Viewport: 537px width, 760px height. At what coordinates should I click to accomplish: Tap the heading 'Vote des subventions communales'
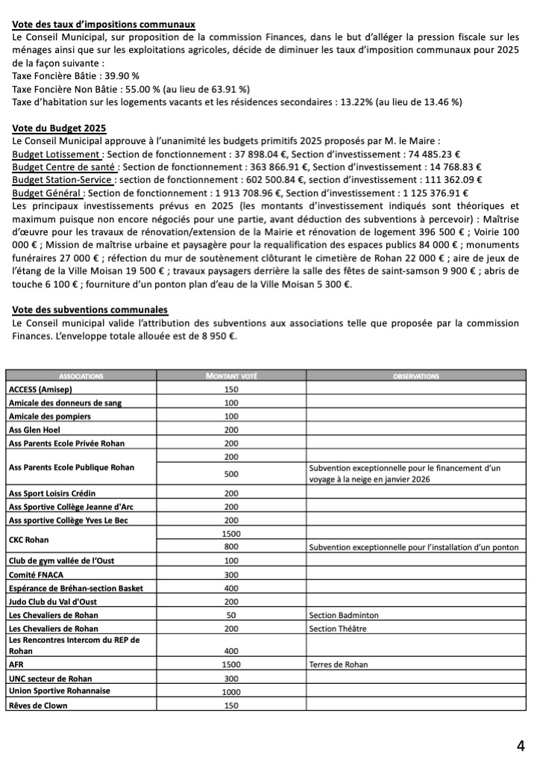[90, 310]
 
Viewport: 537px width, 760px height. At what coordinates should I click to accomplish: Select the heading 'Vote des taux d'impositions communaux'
[104, 24]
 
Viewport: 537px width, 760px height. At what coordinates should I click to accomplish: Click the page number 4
[520, 745]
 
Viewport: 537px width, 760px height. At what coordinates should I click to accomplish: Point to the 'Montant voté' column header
[230, 376]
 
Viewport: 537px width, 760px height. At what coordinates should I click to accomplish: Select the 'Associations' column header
[82, 376]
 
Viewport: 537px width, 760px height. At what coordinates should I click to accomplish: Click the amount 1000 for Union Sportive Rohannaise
[230, 691]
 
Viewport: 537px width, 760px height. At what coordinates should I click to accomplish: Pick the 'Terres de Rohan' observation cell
[338, 664]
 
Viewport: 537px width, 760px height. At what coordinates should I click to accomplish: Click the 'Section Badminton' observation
[343, 615]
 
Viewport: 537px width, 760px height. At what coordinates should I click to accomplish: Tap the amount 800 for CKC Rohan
[230, 548]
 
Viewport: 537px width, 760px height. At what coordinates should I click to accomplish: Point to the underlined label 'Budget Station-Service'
[63, 179]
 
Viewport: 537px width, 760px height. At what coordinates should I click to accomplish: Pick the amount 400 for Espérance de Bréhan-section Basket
[230, 588]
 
